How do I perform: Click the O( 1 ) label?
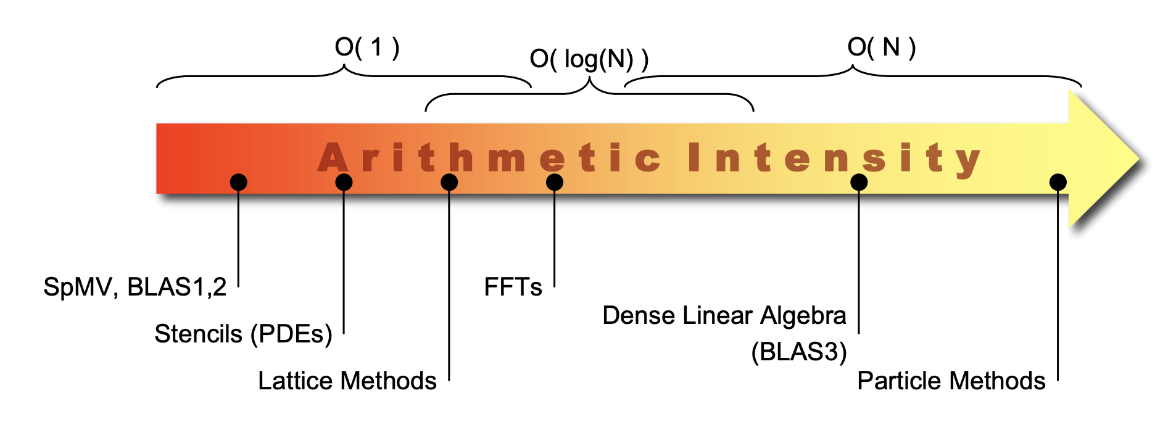tap(366, 48)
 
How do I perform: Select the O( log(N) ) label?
tap(589, 59)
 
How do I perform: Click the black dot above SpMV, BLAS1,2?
tap(238, 182)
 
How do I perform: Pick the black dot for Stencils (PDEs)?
tap(344, 182)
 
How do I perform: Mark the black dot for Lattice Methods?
tap(449, 182)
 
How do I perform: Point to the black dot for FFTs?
tap(555, 182)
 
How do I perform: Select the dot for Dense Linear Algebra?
tap(859, 182)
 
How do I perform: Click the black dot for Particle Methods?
tap(1058, 182)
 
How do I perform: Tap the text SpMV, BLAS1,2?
tap(135, 287)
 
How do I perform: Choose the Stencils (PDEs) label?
tap(243, 334)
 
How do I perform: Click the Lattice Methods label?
tap(347, 381)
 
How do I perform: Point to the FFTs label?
tap(513, 287)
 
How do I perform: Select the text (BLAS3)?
tap(798, 352)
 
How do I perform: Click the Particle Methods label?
tap(951, 381)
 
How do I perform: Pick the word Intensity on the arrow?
tap(833, 158)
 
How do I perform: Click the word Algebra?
tap(803, 315)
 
